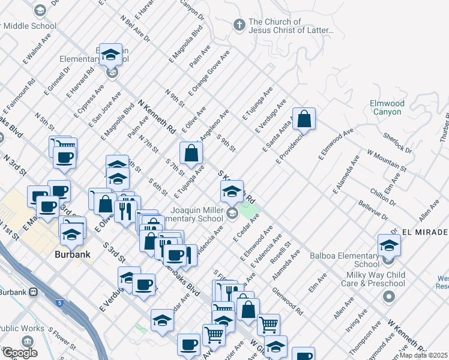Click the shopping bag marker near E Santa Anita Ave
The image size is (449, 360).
(304, 119)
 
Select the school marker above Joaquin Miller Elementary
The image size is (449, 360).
(232, 191)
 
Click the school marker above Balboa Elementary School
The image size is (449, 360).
(389, 245)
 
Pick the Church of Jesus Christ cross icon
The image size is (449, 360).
(239, 25)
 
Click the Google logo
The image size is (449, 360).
(19, 353)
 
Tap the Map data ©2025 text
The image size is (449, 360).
(424, 355)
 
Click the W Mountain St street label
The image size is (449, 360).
(387, 161)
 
